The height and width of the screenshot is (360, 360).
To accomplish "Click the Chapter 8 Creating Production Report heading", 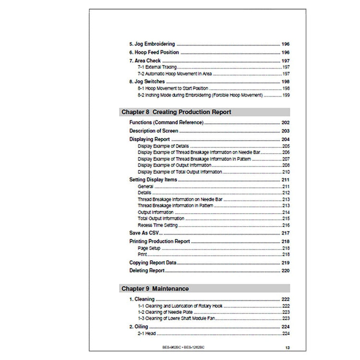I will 176,112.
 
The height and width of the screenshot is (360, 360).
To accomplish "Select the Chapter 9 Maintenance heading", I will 155,288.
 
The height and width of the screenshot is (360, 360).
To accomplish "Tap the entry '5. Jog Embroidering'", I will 152,44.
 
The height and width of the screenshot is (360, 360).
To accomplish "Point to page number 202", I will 285,123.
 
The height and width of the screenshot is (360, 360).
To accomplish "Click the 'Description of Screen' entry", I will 154,131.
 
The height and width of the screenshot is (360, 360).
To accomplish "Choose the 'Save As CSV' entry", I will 144,233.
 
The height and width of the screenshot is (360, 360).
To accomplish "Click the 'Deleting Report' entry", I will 147,271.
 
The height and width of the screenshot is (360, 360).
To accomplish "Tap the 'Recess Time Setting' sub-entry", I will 157,225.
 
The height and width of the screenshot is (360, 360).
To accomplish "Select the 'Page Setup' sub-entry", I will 149,248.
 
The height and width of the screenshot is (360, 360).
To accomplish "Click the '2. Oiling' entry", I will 139,326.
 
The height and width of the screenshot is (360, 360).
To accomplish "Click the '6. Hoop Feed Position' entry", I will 154,52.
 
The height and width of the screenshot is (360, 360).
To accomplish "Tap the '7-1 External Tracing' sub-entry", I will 157,68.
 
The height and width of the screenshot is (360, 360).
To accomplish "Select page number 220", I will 285,271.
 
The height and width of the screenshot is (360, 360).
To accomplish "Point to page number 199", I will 286,95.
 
